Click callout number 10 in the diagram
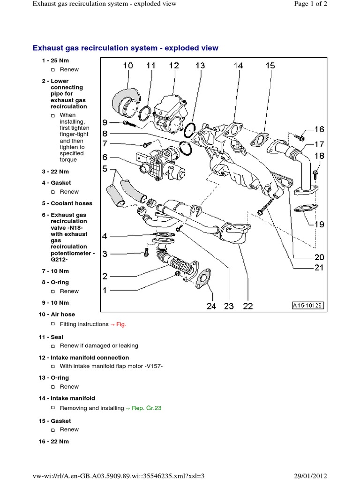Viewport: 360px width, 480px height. click(127, 66)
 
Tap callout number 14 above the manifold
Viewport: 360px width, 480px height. click(238, 66)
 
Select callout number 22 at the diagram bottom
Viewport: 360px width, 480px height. click(247, 306)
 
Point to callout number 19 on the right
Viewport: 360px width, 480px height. click(319, 225)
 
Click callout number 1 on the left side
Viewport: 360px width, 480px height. click(105, 291)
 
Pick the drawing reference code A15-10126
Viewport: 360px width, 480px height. click(308, 305)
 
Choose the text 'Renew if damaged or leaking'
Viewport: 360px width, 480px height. click(99, 346)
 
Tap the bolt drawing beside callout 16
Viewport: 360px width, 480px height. click(300, 137)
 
